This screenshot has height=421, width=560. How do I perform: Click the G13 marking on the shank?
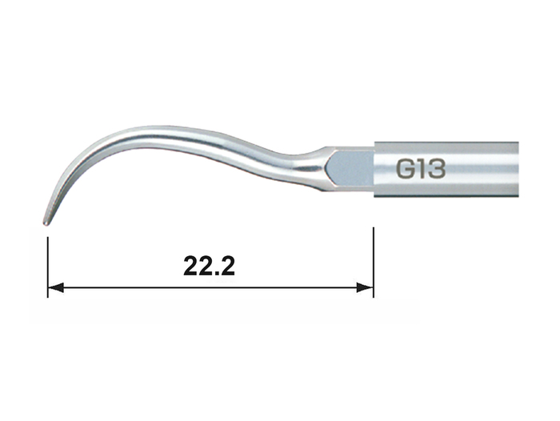(x=421, y=169)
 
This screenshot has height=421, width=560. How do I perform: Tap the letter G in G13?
(x=406, y=169)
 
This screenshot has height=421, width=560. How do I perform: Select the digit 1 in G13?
(x=421, y=169)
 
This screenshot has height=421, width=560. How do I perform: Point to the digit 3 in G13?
(x=437, y=169)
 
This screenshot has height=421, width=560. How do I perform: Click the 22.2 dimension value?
(x=210, y=266)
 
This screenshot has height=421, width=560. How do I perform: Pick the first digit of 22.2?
(x=191, y=266)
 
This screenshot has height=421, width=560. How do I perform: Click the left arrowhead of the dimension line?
(x=56, y=287)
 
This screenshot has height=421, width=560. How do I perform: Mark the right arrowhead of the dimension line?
(x=365, y=287)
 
